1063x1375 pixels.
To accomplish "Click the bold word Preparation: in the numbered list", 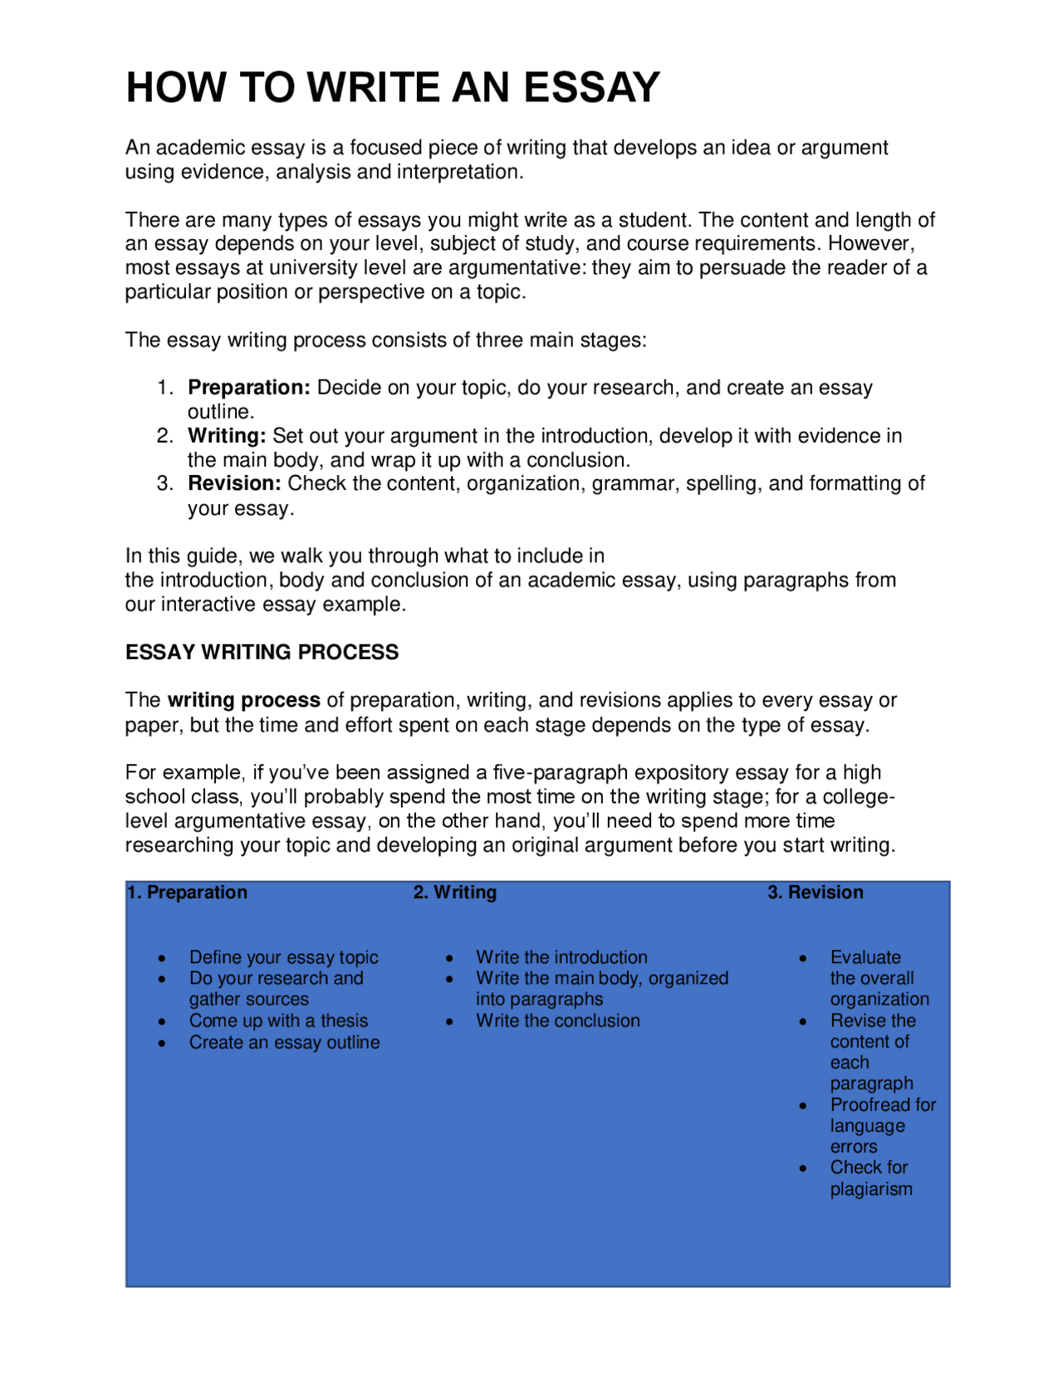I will tap(249, 388).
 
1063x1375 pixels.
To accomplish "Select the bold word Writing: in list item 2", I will tap(227, 436).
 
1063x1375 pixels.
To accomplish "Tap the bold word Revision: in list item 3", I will tap(234, 483).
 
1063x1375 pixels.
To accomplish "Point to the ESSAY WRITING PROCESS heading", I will tap(262, 653).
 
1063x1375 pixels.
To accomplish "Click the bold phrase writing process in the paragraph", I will tap(243, 700).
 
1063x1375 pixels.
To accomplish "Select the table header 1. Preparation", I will tap(188, 893).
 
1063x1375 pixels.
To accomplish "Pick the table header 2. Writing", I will tap(455, 893).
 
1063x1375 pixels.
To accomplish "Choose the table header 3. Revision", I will tap(816, 893).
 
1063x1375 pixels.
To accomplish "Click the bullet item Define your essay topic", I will tap(283, 957).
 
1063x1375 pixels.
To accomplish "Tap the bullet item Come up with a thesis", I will tap(278, 1021).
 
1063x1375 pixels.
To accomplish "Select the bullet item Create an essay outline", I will tap(284, 1043).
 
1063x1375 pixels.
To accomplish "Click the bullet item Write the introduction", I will tap(561, 957).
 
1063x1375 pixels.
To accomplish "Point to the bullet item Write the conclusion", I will tap(558, 1021).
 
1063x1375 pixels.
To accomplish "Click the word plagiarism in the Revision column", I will tap(871, 1190).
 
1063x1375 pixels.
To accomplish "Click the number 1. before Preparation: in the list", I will tap(165, 388).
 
